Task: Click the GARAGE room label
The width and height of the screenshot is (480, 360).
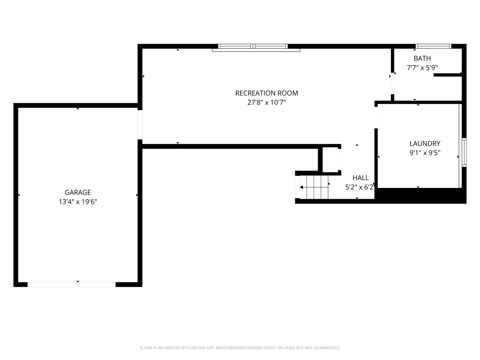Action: coord(78,192)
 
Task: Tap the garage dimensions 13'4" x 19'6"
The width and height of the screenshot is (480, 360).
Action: coord(78,202)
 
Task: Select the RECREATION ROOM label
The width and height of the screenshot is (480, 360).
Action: coord(267,93)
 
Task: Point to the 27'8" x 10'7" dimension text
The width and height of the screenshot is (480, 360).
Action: coord(267,103)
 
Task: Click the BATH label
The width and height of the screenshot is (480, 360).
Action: coord(422,58)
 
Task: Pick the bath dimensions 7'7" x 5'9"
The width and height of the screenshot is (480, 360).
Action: coord(422,67)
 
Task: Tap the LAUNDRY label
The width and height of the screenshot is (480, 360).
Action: coord(425,143)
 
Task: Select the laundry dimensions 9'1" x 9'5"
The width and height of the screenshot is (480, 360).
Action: coord(425,153)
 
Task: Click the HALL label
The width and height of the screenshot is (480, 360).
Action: coord(360,178)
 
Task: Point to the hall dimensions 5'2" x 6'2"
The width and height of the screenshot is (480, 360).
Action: coord(360,187)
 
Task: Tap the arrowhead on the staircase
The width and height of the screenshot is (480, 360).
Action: coord(301,187)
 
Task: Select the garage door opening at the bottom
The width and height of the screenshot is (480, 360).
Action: coord(72,285)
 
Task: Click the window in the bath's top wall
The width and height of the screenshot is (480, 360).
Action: coord(433,46)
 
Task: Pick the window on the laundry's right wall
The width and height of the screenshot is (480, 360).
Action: coord(464,152)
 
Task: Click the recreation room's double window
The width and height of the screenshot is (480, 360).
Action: coord(253,46)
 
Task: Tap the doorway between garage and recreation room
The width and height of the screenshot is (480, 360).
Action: coord(140,125)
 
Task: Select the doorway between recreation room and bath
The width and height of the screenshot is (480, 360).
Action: coord(392,83)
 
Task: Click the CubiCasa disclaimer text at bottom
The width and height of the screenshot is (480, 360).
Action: coord(240,348)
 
